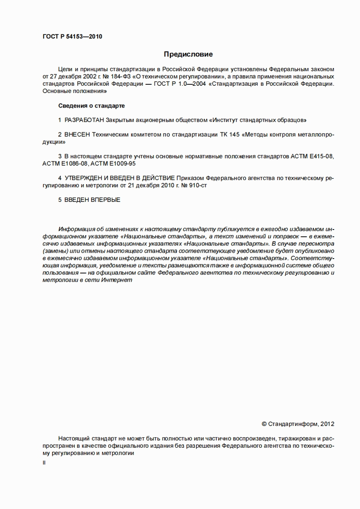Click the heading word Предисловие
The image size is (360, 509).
188,54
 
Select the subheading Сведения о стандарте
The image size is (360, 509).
92,106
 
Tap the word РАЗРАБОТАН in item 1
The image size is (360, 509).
84,120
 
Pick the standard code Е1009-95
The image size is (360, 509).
120,163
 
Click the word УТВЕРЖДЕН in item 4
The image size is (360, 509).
85,178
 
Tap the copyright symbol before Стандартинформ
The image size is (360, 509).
264,424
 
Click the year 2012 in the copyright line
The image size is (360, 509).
327,424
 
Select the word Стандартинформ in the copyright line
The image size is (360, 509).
293,424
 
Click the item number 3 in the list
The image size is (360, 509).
60,156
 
